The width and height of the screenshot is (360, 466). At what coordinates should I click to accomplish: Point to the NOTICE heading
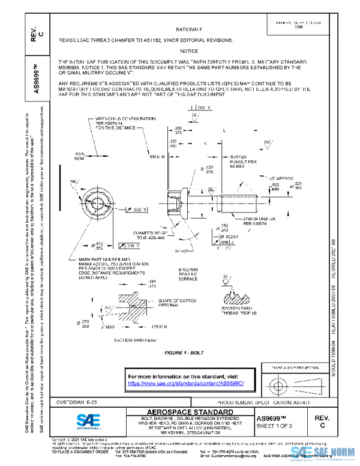(189, 51)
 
